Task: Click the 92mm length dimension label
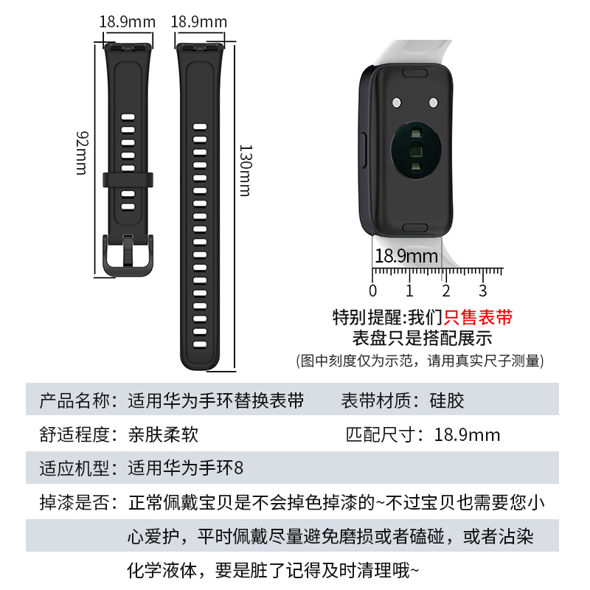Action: click(x=82, y=153)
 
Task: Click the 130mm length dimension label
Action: click(x=245, y=170)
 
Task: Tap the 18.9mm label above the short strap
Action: click(x=128, y=21)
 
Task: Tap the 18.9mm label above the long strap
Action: click(x=199, y=21)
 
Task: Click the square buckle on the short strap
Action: click(x=128, y=254)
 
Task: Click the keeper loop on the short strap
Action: click(x=128, y=179)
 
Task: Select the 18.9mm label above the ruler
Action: click(x=406, y=257)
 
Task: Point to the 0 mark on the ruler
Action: click(x=373, y=290)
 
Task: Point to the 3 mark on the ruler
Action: click(x=483, y=290)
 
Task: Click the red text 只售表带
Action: click(x=477, y=318)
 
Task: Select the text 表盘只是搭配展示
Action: click(x=423, y=339)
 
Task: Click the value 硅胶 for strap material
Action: click(x=448, y=401)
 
